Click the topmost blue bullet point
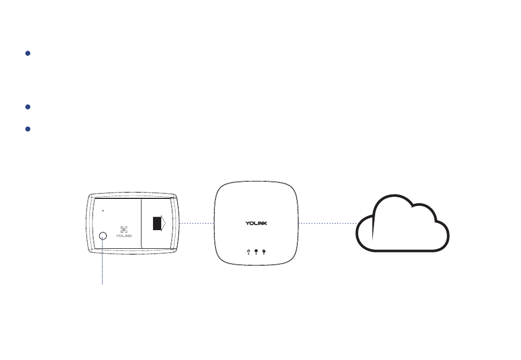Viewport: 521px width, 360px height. point(28,54)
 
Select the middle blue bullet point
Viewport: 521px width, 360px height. point(28,107)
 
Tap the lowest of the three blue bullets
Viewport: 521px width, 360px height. point(28,129)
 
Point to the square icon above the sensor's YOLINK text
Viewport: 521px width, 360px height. point(123,230)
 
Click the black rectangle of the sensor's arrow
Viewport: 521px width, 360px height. point(158,222)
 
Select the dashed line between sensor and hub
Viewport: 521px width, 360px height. point(196,224)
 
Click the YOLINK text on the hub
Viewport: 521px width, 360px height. point(257,224)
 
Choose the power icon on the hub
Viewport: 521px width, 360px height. point(249,251)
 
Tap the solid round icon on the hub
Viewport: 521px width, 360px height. point(256,251)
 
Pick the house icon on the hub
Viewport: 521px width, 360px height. point(264,251)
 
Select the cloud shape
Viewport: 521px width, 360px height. point(403,225)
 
